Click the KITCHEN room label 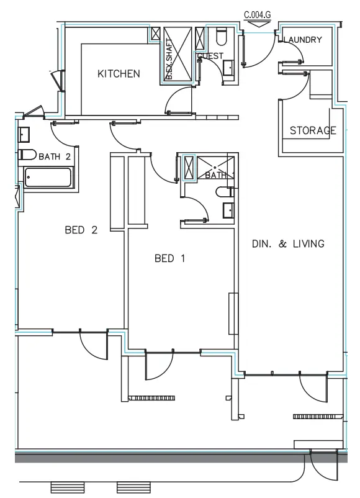(x=119, y=74)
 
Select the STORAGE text (x=313, y=130)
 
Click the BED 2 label (x=81, y=230)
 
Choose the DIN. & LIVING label (x=287, y=243)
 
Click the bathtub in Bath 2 (x=49, y=177)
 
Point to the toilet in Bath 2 (x=27, y=153)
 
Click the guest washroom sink (x=227, y=67)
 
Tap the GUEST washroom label (x=210, y=56)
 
